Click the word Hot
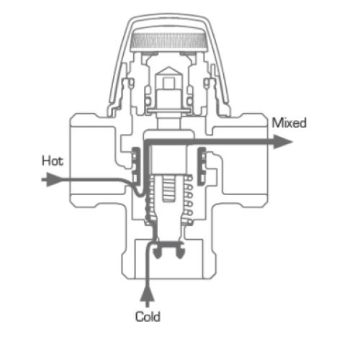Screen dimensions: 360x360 [x=53, y=161]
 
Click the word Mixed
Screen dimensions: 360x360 [x=289, y=122]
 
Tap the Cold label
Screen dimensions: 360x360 [x=148, y=316]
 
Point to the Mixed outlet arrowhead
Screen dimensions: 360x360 [x=283, y=142]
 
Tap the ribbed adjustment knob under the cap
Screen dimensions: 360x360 [x=168, y=40]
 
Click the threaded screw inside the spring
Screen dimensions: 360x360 [x=169, y=189]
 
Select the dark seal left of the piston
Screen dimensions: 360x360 [x=136, y=167]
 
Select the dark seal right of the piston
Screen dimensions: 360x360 [x=202, y=166]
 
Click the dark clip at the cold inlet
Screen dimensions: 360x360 [x=169, y=250]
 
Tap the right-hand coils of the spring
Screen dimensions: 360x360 [x=188, y=201]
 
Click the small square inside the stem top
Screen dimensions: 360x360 [x=168, y=83]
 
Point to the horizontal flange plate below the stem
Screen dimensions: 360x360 [x=169, y=111]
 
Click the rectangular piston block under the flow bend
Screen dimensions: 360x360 [x=168, y=160]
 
